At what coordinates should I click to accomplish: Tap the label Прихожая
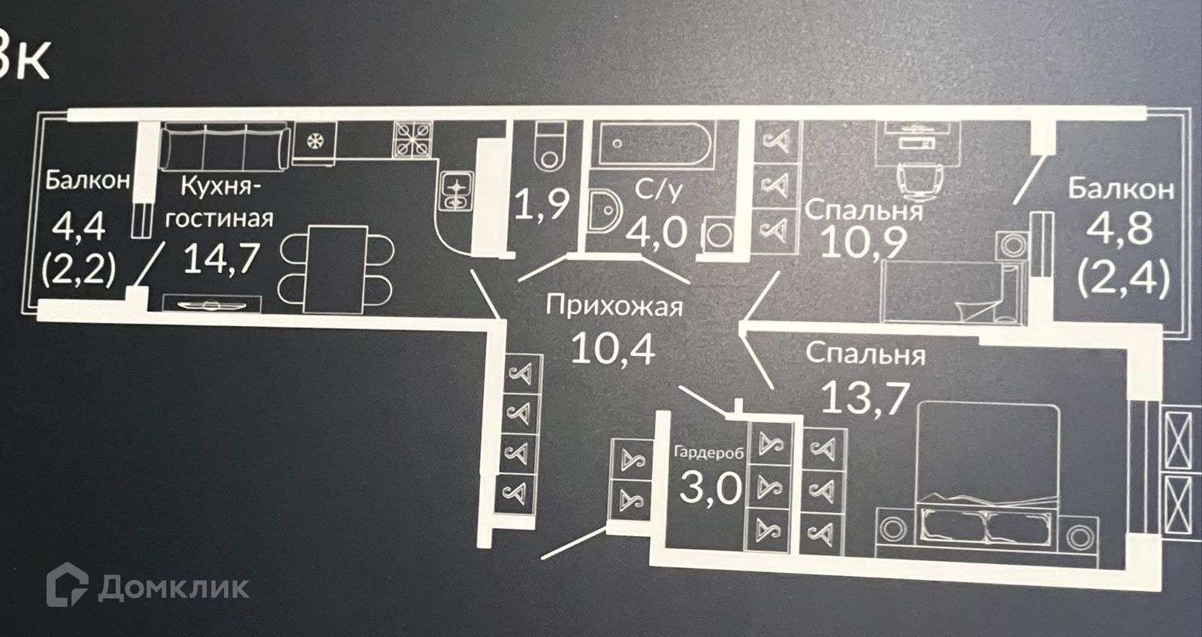(x=614, y=306)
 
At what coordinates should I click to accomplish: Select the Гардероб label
(x=709, y=453)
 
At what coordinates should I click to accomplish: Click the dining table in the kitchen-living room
(x=334, y=268)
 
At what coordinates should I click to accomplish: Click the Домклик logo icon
(x=68, y=585)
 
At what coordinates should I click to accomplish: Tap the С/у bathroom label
(x=659, y=190)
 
